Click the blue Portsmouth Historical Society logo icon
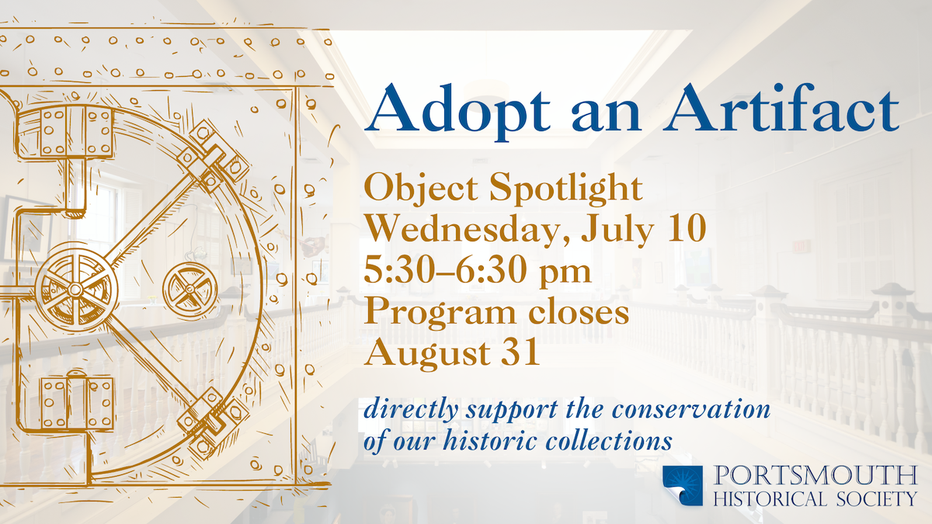click(683, 486)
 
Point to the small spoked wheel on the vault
click(189, 289)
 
